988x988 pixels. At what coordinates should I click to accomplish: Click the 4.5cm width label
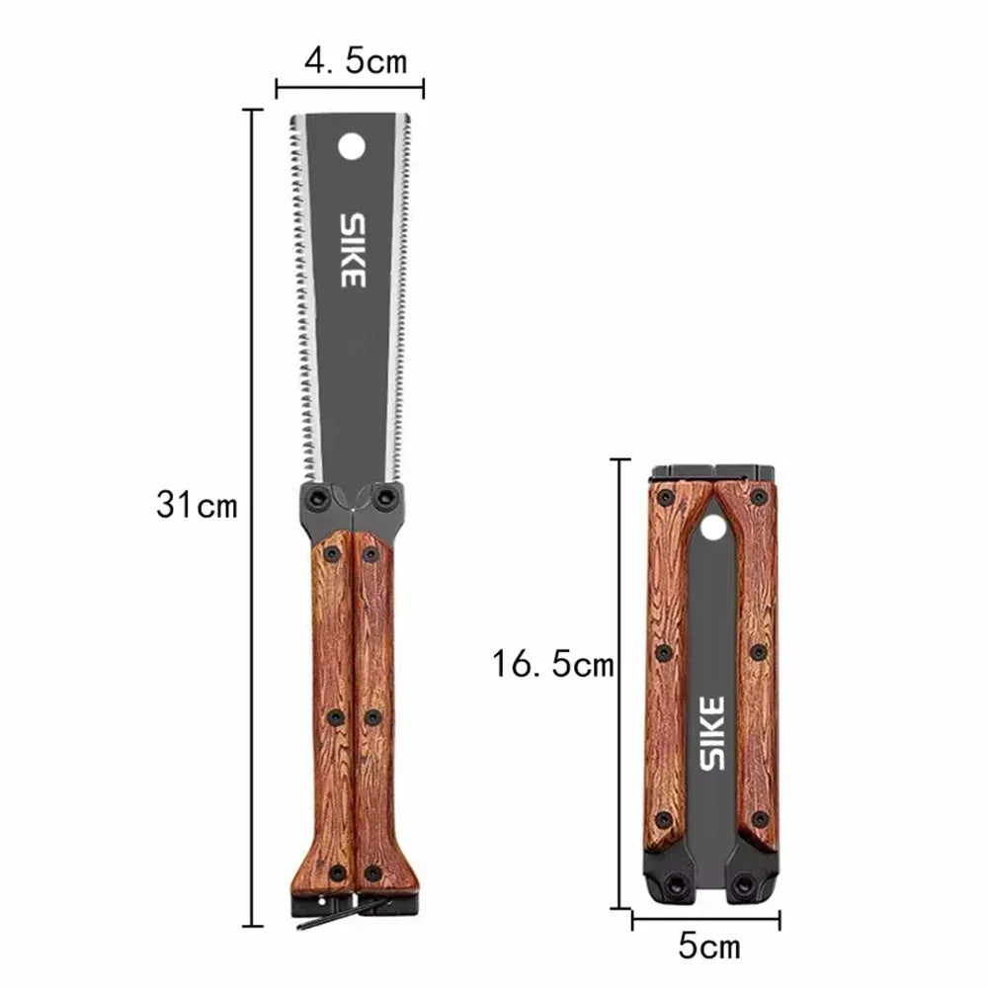355,61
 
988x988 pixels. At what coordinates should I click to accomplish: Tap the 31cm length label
197,506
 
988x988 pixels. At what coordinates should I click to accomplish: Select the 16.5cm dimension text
553,664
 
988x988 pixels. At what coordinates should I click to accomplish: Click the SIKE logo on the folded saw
712,732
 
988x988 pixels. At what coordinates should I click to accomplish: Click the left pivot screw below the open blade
318,498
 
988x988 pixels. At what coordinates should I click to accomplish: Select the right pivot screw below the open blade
386,498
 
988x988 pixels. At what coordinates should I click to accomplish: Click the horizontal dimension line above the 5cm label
705,919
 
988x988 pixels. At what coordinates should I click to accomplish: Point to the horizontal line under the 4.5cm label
350,88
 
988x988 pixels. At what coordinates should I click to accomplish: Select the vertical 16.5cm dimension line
619,683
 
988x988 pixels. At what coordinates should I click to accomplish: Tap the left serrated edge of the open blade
300,296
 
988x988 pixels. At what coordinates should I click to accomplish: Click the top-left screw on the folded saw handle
666,497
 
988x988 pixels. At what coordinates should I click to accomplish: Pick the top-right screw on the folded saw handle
758,497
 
